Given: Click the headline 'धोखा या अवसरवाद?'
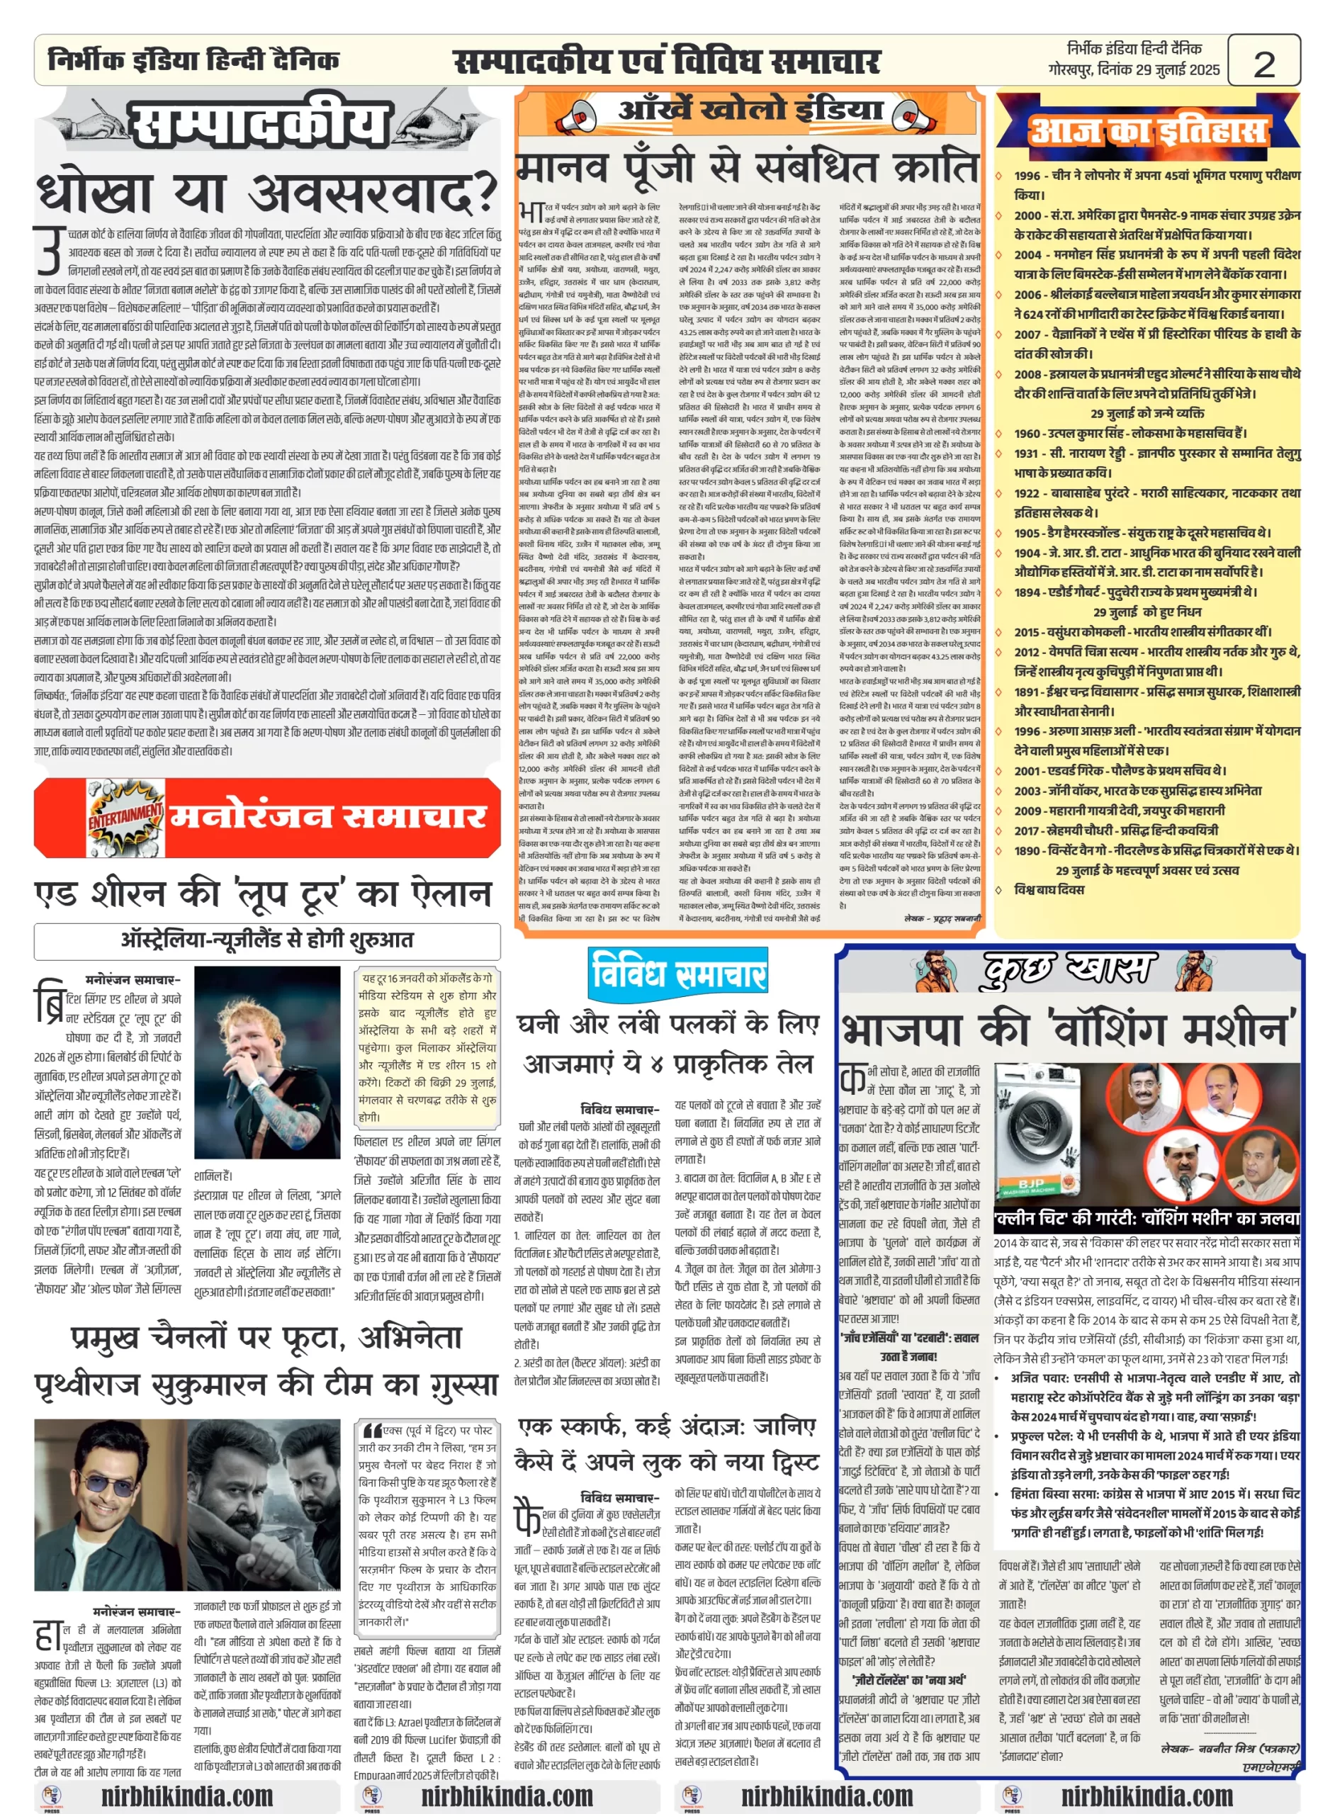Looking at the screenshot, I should (x=266, y=191).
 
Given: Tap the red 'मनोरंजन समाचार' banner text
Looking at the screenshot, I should (x=327, y=817).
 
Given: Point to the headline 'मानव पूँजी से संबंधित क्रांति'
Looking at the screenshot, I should (x=747, y=167).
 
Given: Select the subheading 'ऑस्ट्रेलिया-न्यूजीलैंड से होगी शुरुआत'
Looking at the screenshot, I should (x=266, y=940).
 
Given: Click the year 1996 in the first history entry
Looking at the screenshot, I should (x=1026, y=175).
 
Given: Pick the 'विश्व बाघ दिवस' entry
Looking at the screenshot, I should (x=1049, y=889).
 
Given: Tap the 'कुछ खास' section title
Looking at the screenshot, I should (x=1069, y=969).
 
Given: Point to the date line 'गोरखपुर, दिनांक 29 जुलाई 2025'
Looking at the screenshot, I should (x=1134, y=70).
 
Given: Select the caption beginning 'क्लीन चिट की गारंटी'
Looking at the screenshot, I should (x=1146, y=1219).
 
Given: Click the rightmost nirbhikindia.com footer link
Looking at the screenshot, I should (x=1147, y=1796).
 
